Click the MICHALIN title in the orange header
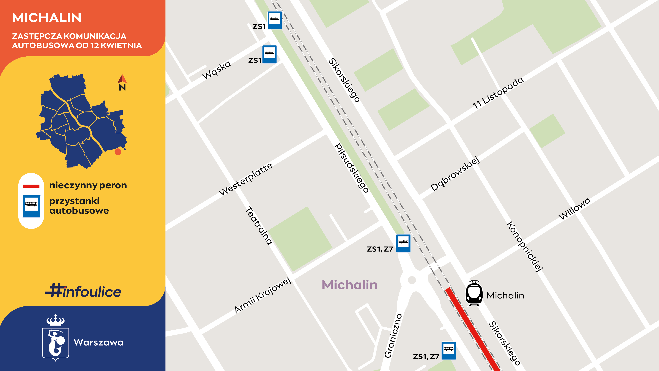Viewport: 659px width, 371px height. [x=47, y=18]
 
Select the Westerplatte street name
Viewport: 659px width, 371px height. [x=246, y=179]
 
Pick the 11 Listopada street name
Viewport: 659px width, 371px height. [x=498, y=93]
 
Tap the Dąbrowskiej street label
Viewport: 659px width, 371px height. [x=455, y=174]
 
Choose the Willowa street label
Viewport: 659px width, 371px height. [x=574, y=209]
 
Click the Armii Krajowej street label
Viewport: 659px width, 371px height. [x=263, y=295]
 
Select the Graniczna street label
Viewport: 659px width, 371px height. [x=393, y=335]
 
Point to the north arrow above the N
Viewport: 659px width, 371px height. [x=122, y=79]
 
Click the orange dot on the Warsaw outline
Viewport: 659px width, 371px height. [x=118, y=152]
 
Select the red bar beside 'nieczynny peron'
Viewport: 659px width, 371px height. [x=31, y=186]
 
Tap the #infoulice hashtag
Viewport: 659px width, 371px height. [x=83, y=291]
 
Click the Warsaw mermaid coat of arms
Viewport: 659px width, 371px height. [x=56, y=338]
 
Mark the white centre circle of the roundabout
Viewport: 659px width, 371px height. [x=412, y=280]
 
